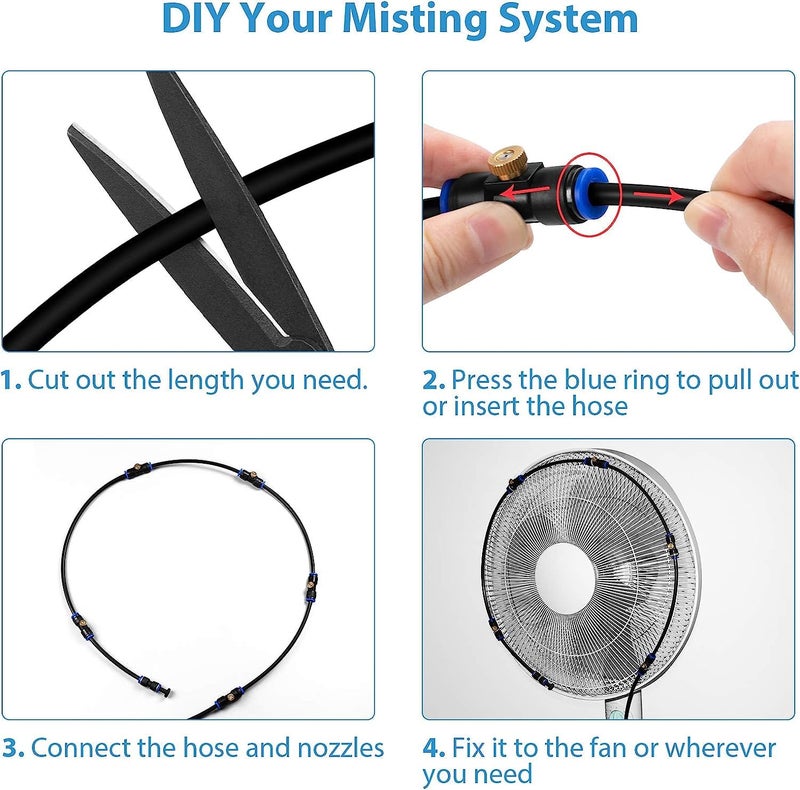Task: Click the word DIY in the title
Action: click(x=195, y=18)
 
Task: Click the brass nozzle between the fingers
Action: click(x=509, y=162)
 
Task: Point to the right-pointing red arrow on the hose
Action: click(x=658, y=195)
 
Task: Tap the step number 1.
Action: click(x=10, y=380)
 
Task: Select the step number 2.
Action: click(x=434, y=381)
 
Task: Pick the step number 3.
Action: click(x=13, y=749)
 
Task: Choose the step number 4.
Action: click(x=434, y=749)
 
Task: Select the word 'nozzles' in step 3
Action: click(x=340, y=749)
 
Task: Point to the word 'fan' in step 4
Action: click(x=607, y=749)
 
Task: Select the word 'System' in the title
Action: click(x=568, y=20)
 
